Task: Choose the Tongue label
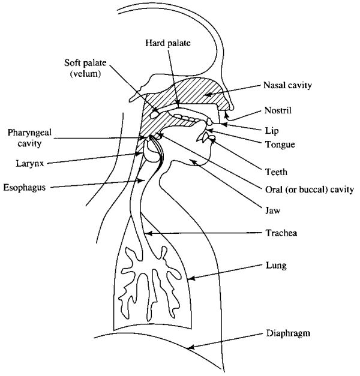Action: pos(278,144)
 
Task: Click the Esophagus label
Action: pos(26,187)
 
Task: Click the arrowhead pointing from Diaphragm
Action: pos(190,346)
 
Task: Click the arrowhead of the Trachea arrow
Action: pos(148,233)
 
